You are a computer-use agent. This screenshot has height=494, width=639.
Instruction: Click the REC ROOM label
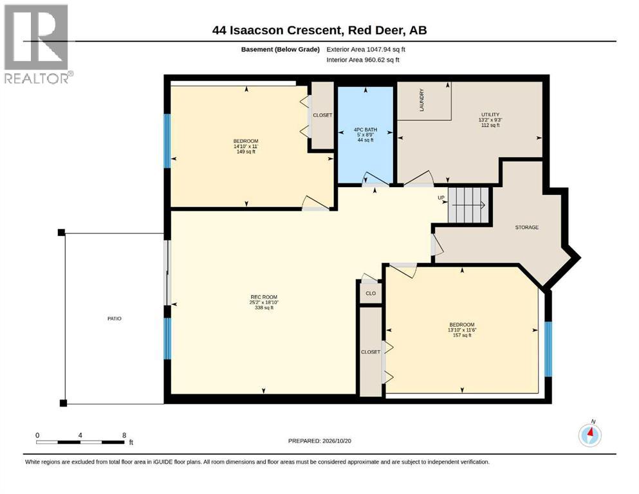click(x=264, y=297)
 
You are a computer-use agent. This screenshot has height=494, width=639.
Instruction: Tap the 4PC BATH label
click(x=366, y=129)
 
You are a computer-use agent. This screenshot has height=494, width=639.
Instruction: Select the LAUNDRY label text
click(x=421, y=100)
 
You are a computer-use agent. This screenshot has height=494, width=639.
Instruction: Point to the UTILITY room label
click(x=490, y=115)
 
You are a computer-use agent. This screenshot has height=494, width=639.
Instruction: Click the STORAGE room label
click(x=527, y=227)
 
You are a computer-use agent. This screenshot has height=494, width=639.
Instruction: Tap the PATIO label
click(x=115, y=318)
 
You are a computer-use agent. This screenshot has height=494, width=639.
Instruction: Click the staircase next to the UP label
click(x=468, y=205)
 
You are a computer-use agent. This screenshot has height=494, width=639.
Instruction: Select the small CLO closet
click(x=371, y=293)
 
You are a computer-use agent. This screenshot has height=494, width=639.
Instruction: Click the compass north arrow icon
click(x=589, y=435)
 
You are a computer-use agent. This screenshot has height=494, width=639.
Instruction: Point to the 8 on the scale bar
click(x=124, y=435)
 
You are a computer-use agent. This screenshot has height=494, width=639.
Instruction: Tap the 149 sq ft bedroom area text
click(x=246, y=152)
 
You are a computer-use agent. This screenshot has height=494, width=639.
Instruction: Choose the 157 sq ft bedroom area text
click(x=462, y=335)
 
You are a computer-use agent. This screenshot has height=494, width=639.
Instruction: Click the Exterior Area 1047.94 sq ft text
click(x=366, y=50)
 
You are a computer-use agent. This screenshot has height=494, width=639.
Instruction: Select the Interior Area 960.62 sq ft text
click(x=363, y=60)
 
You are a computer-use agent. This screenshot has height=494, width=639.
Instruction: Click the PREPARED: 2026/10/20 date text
click(x=319, y=441)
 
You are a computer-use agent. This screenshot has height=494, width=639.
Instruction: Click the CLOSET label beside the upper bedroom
click(x=322, y=115)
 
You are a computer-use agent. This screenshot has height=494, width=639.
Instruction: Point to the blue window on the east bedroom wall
click(x=548, y=349)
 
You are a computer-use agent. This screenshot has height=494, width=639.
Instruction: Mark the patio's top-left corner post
click(x=61, y=233)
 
